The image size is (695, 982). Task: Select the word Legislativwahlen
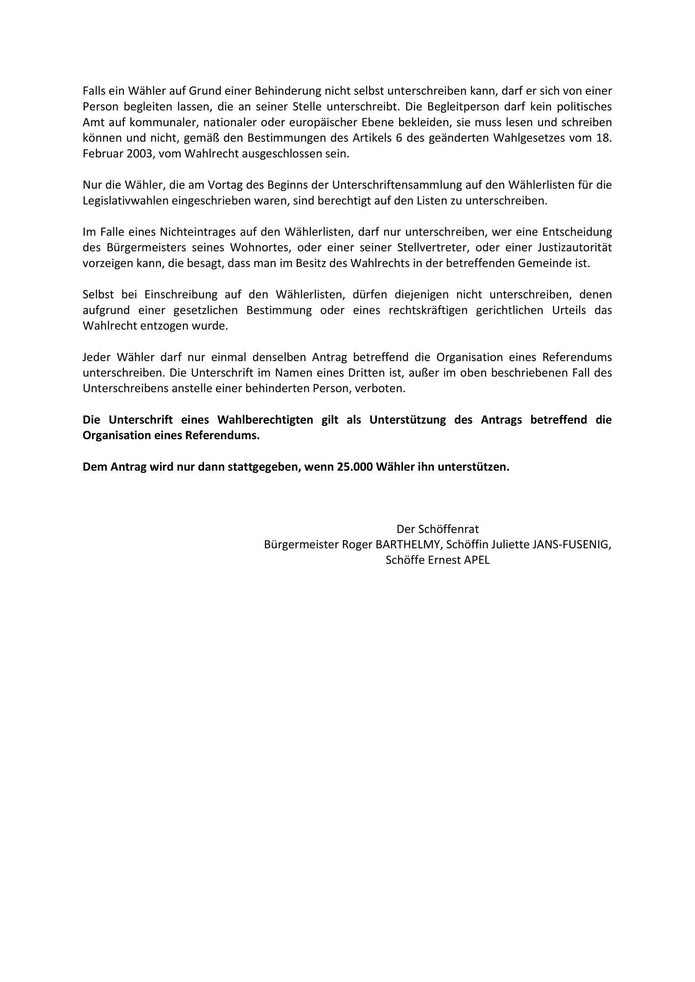126,201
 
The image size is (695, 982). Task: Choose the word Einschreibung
179,295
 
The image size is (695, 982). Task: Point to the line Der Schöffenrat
437,529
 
